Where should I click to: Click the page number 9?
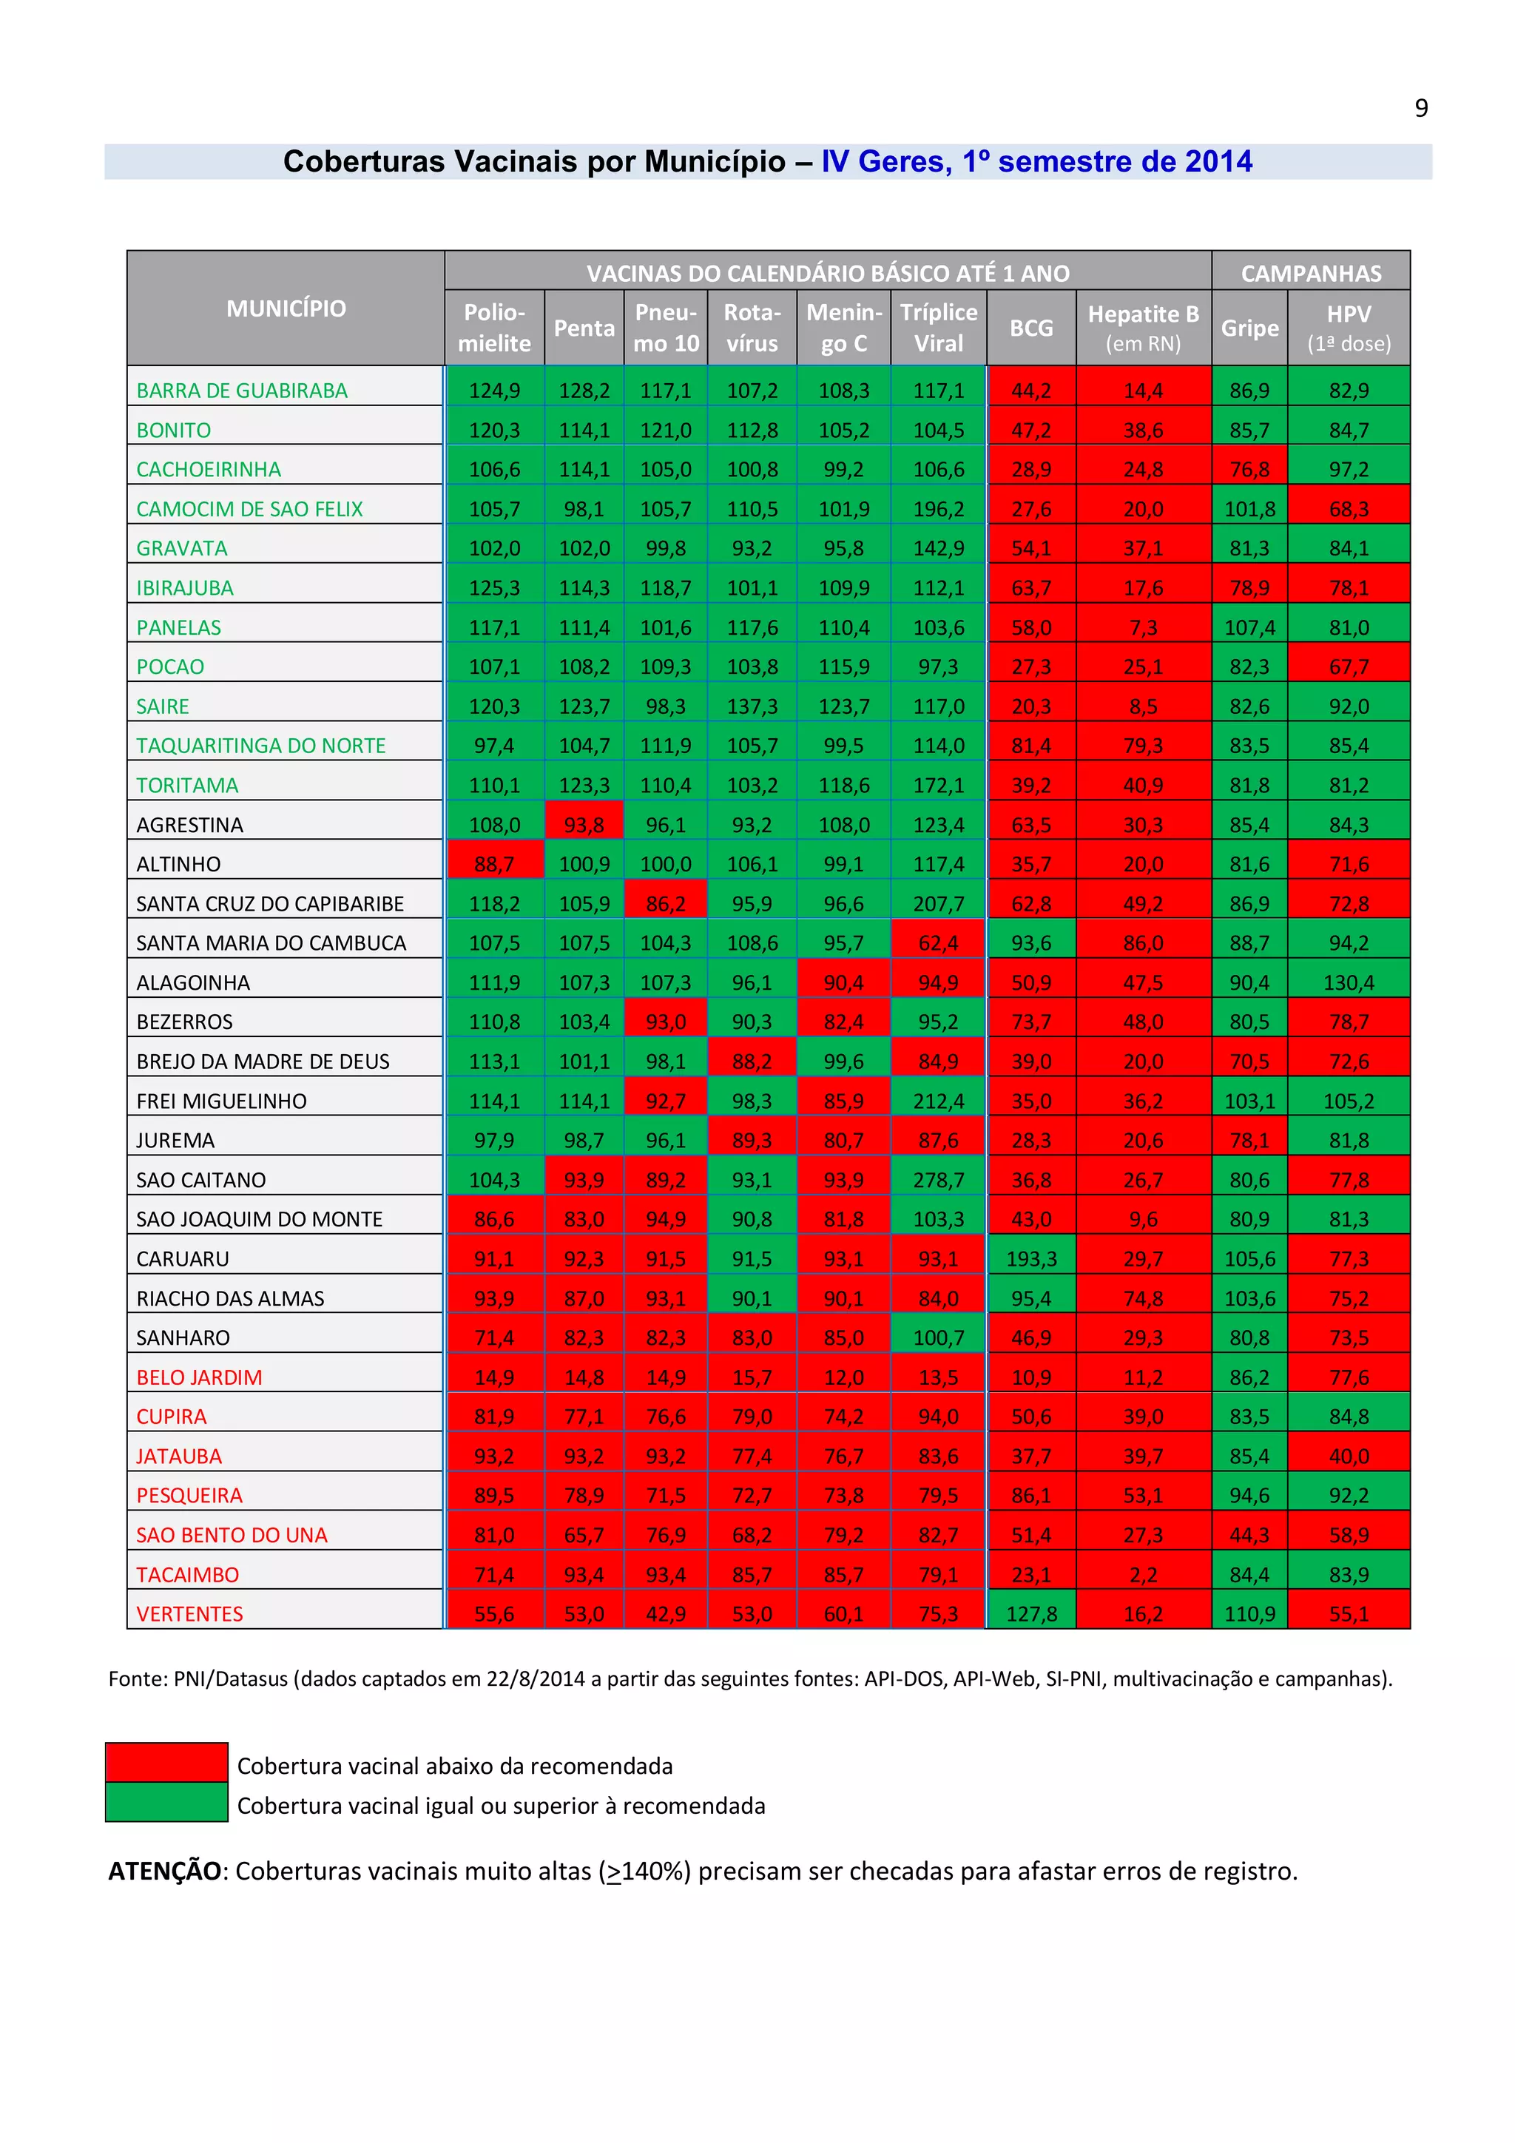[1421, 108]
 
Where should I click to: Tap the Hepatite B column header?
[1143, 327]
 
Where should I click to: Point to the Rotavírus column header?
[752, 327]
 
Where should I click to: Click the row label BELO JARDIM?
[199, 1377]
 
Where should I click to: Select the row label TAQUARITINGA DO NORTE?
[260, 745]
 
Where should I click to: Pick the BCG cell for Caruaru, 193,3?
[1030, 1258]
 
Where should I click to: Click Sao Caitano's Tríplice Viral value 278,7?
[938, 1180]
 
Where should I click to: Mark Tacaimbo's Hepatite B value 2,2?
[1143, 1575]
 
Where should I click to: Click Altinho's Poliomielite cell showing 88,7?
[494, 863]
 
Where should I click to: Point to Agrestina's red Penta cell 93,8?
[584, 824]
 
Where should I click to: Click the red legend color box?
[166, 1761]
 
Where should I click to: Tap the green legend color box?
[166, 1801]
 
